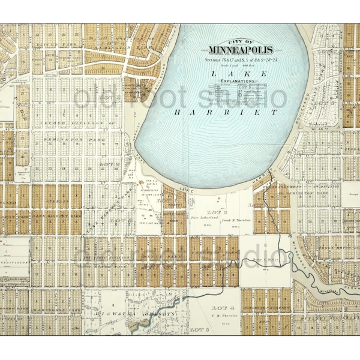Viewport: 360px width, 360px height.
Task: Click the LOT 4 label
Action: [217, 308]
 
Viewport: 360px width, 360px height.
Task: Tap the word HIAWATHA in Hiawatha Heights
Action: [115, 314]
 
